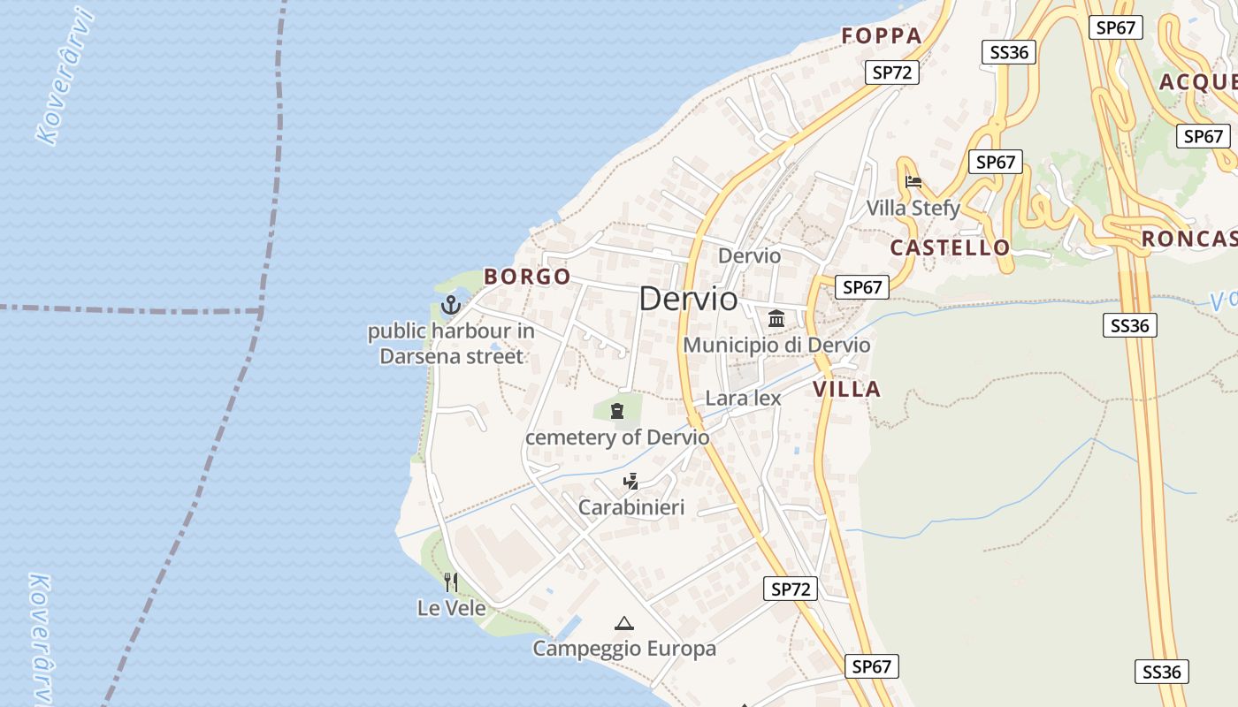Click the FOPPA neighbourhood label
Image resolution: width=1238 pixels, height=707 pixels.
click(x=882, y=36)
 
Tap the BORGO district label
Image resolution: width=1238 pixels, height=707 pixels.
click(x=527, y=277)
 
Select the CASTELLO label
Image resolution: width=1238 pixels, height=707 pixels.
click(x=950, y=247)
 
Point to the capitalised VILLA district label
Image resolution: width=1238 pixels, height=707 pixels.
click(x=846, y=389)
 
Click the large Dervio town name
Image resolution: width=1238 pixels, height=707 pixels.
click(x=688, y=299)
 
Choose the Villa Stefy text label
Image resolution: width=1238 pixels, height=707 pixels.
click(x=913, y=209)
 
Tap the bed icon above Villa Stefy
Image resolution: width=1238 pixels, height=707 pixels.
click(x=913, y=182)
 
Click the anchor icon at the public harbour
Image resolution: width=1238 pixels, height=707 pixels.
click(x=451, y=305)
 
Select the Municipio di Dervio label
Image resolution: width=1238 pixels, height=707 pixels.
click(x=776, y=345)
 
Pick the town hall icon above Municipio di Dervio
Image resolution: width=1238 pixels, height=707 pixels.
click(x=776, y=318)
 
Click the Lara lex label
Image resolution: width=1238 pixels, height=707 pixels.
click(x=743, y=398)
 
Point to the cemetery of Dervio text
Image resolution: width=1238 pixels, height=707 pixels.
click(x=617, y=437)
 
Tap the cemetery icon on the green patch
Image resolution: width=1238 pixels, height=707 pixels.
click(x=616, y=410)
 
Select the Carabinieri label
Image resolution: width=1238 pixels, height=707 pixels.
click(x=631, y=507)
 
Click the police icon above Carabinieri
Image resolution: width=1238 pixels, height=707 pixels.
click(x=630, y=482)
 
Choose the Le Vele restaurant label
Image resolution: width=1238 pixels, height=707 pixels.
click(x=452, y=608)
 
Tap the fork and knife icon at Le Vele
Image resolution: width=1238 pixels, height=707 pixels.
click(x=451, y=582)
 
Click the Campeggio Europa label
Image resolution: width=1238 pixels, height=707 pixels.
click(x=624, y=649)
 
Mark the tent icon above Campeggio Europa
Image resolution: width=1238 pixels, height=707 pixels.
click(x=624, y=623)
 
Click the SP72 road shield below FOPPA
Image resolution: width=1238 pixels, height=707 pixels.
click(x=891, y=72)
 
